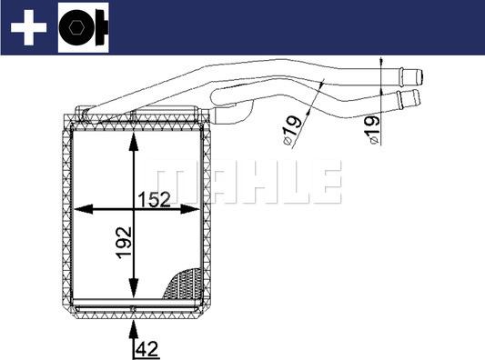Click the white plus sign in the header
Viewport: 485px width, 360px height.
coord(27,28)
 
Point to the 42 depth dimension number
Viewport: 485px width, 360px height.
coord(146,346)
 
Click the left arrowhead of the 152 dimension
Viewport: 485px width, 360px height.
coord(78,209)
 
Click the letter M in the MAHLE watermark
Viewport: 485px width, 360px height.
coord(167,182)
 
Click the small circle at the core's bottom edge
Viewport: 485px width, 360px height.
coord(134,312)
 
